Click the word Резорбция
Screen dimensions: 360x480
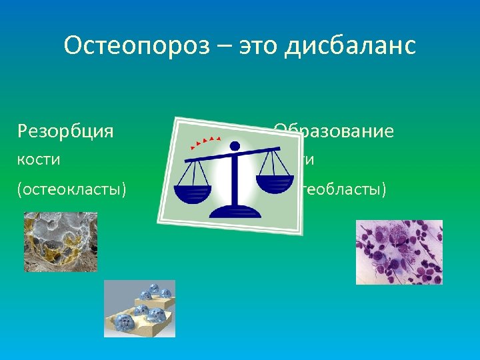click(x=65, y=131)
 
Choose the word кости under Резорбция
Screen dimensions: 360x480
click(x=39, y=160)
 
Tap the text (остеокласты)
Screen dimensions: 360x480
click(x=72, y=190)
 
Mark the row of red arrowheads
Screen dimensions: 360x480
click(x=205, y=141)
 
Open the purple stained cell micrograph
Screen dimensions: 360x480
click(x=399, y=252)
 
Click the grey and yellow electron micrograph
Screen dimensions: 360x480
click(x=60, y=241)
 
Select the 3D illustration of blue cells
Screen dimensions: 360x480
click(x=139, y=308)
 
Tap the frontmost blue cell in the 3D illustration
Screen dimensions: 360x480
click(x=124, y=323)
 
